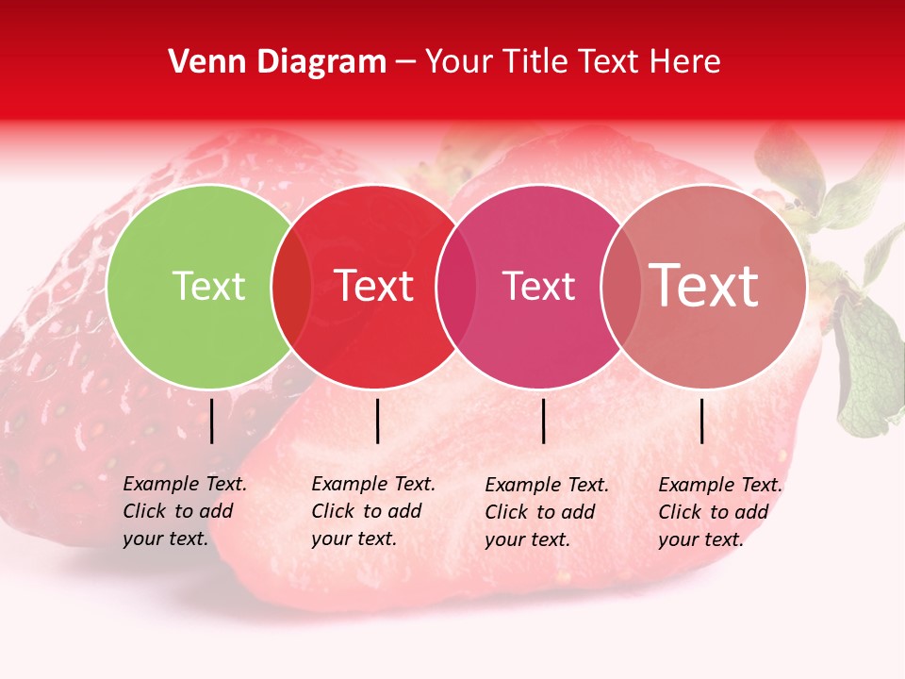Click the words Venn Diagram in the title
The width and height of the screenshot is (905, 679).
pyautogui.click(x=277, y=62)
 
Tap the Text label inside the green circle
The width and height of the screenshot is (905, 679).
pyautogui.click(x=208, y=286)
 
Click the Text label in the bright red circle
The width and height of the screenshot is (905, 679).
pyautogui.click(x=374, y=286)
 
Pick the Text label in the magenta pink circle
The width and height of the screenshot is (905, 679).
pyautogui.click(x=538, y=286)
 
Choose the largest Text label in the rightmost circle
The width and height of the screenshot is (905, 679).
pyautogui.click(x=704, y=286)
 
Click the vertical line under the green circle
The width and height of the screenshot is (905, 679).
pyautogui.click(x=212, y=421)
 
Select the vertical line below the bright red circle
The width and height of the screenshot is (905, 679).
pyautogui.click(x=377, y=421)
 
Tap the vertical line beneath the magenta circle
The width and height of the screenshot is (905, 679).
pyautogui.click(x=544, y=421)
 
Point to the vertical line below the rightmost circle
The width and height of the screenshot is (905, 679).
pyautogui.click(x=702, y=421)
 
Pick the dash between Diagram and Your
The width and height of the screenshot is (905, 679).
pyautogui.click(x=405, y=62)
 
